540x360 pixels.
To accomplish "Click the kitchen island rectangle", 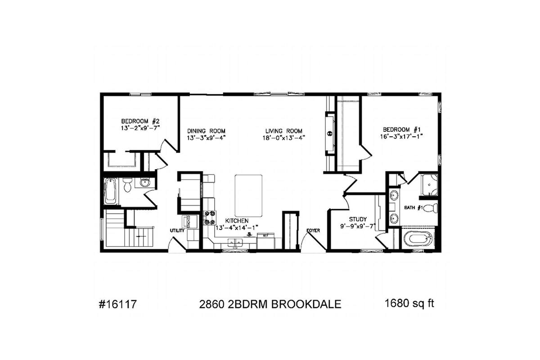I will [248, 195].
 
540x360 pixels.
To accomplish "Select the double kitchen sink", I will [235, 243].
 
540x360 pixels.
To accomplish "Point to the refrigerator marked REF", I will [266, 241].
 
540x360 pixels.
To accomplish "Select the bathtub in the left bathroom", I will [110, 191].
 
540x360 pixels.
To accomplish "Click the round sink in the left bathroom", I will [145, 183].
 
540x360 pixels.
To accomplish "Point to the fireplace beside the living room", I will [330, 134].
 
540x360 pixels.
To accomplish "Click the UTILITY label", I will [177, 230].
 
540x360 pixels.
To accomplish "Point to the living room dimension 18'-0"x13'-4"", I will [284, 138].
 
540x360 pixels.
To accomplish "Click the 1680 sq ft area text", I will [409, 304].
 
